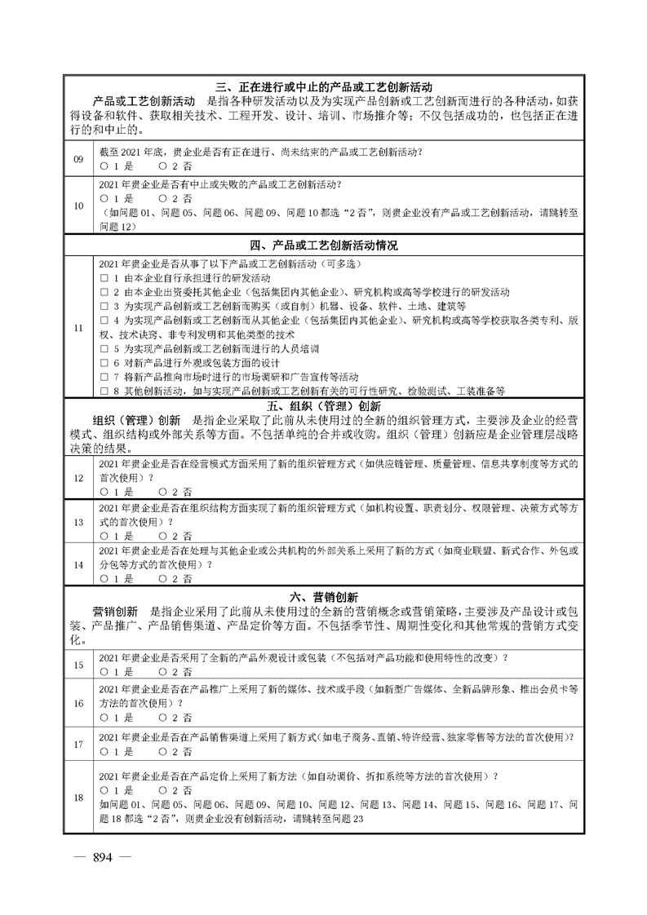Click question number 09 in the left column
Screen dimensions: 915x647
[x=78, y=159]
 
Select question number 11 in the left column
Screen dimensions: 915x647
[x=78, y=328]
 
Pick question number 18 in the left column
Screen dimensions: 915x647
[x=78, y=798]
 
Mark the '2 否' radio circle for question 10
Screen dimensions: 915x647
[x=163, y=198]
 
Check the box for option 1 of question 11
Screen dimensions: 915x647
[x=104, y=278]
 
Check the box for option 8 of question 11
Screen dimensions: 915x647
[x=104, y=391]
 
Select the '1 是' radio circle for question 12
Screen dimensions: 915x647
[x=104, y=492]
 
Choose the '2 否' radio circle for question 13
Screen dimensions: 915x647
[x=163, y=536]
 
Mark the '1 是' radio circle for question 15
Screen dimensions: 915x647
[x=104, y=672]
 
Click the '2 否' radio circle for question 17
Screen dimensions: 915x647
[x=163, y=751]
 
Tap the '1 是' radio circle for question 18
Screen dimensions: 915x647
[x=104, y=790]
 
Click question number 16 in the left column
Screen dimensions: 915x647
[x=78, y=703]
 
